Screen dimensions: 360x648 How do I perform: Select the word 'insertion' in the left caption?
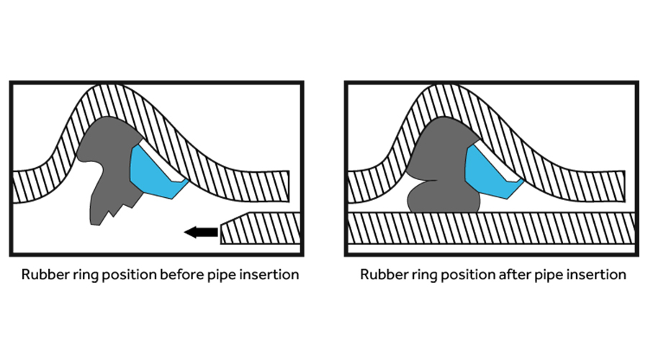pos(269,275)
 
